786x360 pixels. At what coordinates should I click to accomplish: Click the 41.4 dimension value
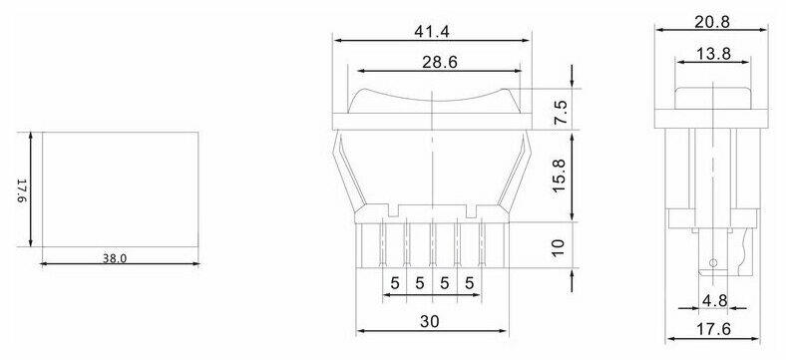432,32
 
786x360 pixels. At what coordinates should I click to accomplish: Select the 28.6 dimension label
439,62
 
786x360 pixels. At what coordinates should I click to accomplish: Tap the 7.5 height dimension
561,113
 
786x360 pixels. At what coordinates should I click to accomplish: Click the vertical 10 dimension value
559,247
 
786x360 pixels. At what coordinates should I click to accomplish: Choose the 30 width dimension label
430,321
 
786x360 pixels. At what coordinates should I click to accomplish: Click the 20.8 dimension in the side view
712,22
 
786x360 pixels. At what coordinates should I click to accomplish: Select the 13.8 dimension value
713,54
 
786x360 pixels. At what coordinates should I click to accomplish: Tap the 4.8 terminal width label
714,300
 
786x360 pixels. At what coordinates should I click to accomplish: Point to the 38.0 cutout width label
115,258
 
